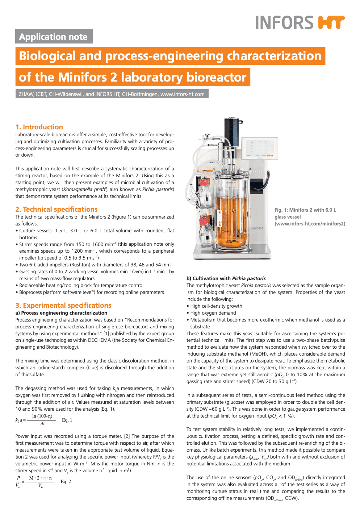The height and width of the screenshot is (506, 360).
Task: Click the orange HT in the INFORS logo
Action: point(331,22)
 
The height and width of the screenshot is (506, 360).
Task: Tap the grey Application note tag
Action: point(54,36)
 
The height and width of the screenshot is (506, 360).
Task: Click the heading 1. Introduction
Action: point(39,127)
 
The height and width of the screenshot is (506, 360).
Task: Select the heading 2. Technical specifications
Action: point(56,209)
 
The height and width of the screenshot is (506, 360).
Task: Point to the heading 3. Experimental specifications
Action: point(63,305)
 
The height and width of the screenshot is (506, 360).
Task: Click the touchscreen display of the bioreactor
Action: point(260,148)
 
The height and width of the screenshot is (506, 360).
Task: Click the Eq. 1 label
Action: point(67,420)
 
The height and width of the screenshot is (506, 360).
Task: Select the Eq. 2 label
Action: point(66,482)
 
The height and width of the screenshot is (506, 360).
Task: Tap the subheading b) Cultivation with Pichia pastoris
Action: point(226,278)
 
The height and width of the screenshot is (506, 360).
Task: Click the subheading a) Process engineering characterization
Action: point(61,313)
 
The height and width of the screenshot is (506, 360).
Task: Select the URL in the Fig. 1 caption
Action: point(310,224)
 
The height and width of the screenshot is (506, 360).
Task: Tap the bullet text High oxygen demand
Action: point(213,313)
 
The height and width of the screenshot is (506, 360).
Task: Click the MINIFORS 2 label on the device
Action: point(257,228)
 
